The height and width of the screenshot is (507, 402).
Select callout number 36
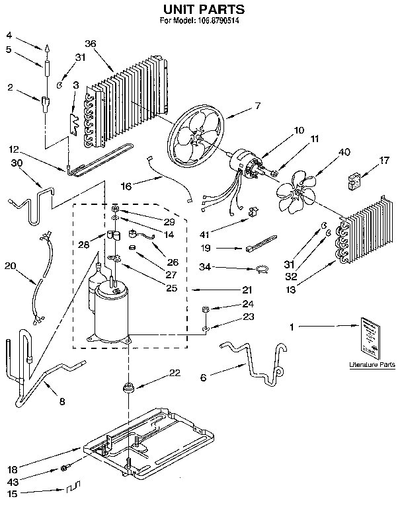(x=91, y=44)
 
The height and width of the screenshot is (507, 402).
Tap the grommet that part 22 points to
(x=126, y=386)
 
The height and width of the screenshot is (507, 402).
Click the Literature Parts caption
(x=372, y=365)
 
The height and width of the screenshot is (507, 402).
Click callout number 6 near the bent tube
(x=204, y=377)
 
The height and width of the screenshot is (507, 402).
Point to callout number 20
(x=10, y=266)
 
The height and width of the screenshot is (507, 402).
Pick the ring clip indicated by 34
(x=262, y=268)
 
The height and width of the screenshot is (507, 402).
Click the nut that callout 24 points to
(x=206, y=309)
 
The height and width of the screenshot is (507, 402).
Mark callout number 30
(x=17, y=163)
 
